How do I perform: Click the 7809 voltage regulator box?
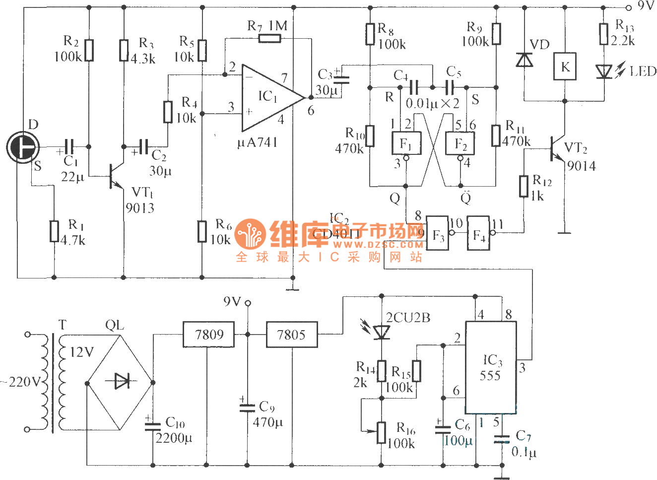(x=208, y=335)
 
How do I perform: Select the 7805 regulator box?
(x=291, y=335)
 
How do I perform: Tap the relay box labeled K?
(x=565, y=67)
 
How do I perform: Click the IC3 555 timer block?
(x=490, y=367)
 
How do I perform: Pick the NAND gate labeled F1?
(x=406, y=144)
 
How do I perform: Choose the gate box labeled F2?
(x=460, y=144)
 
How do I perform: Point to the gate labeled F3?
(x=438, y=233)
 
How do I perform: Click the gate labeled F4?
(x=478, y=234)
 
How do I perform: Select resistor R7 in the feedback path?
(x=269, y=38)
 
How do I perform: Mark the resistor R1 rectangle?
(x=54, y=231)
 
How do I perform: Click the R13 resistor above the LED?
(x=603, y=34)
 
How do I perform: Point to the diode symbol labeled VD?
(x=524, y=60)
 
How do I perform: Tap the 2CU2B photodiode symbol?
(x=381, y=332)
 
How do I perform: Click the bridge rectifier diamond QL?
(x=120, y=382)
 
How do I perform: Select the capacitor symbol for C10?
(x=152, y=426)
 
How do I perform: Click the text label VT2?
(x=576, y=148)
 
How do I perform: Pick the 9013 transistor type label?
(x=139, y=208)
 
